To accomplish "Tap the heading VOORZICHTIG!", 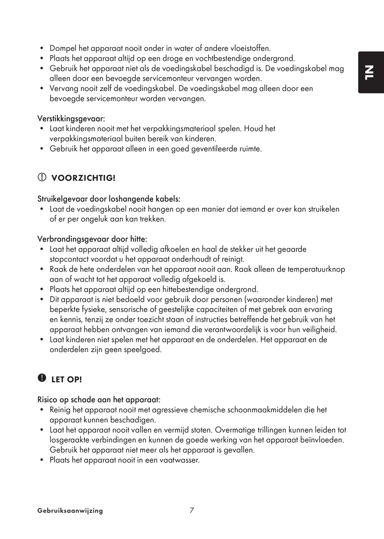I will pyautogui.click(x=83, y=178).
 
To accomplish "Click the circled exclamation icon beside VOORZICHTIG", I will pyautogui.click(x=42, y=177).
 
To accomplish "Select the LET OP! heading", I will pyautogui.click(x=66, y=380).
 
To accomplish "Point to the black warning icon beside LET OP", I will pyautogui.click(x=42, y=378).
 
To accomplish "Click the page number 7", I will pyautogui.click(x=192, y=510).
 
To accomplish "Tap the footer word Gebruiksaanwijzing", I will pyautogui.click(x=70, y=511).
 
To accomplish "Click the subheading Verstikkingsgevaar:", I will pyautogui.click(x=71, y=119).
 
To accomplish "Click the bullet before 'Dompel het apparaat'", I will pyautogui.click(x=42, y=49).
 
